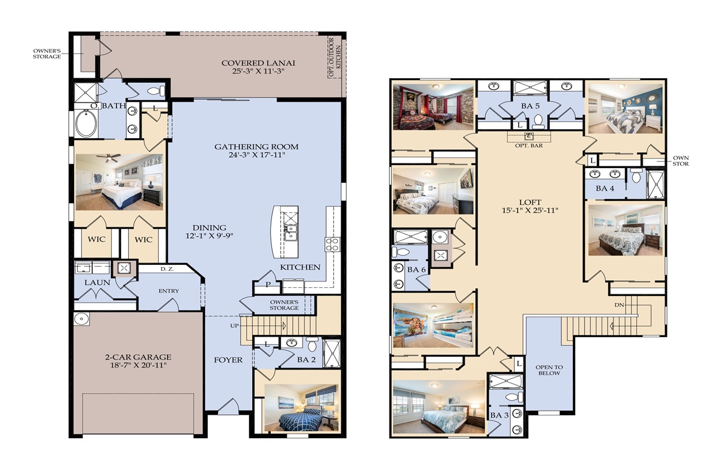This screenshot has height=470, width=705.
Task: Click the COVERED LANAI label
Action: (x=258, y=63)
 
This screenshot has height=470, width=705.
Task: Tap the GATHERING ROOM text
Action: (x=256, y=147)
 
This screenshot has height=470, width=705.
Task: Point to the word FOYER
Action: (x=228, y=360)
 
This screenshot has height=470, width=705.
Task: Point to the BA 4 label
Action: (x=605, y=189)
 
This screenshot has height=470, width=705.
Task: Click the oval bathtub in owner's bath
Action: (x=86, y=123)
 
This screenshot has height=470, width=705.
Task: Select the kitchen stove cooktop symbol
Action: (x=332, y=243)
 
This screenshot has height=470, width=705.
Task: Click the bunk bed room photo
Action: (x=434, y=327)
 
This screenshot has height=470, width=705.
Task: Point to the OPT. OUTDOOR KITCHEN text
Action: (x=334, y=58)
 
